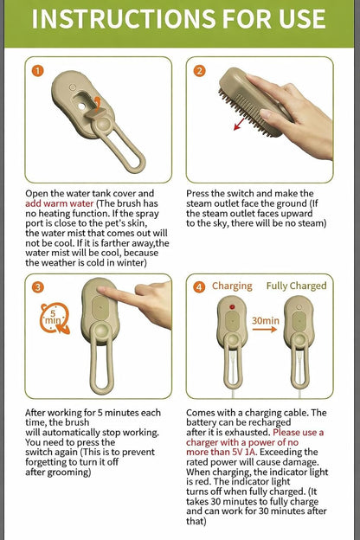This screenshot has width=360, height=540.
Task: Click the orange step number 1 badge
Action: point(37,71)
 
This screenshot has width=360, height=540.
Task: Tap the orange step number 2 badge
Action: point(199,71)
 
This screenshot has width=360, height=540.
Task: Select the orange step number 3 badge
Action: point(37,287)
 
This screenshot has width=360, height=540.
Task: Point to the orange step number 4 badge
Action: point(199,287)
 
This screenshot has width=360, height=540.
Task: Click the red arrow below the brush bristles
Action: point(239,125)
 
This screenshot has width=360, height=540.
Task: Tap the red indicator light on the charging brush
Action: point(232,306)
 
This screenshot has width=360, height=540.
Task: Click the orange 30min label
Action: point(266,320)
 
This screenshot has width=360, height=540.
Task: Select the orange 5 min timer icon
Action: point(55,318)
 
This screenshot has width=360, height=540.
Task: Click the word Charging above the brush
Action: point(232,286)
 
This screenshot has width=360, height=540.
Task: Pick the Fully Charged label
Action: point(296,286)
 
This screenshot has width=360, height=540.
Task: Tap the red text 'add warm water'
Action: point(59,203)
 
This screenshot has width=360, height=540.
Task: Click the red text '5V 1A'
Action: point(241,452)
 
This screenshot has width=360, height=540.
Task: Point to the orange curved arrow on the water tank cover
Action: point(98,104)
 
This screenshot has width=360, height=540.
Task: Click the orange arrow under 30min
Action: point(264,330)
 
